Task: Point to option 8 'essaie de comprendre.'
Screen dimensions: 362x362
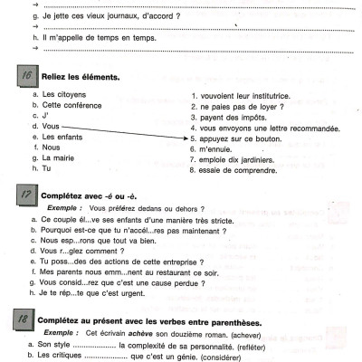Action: coord(238,169)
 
